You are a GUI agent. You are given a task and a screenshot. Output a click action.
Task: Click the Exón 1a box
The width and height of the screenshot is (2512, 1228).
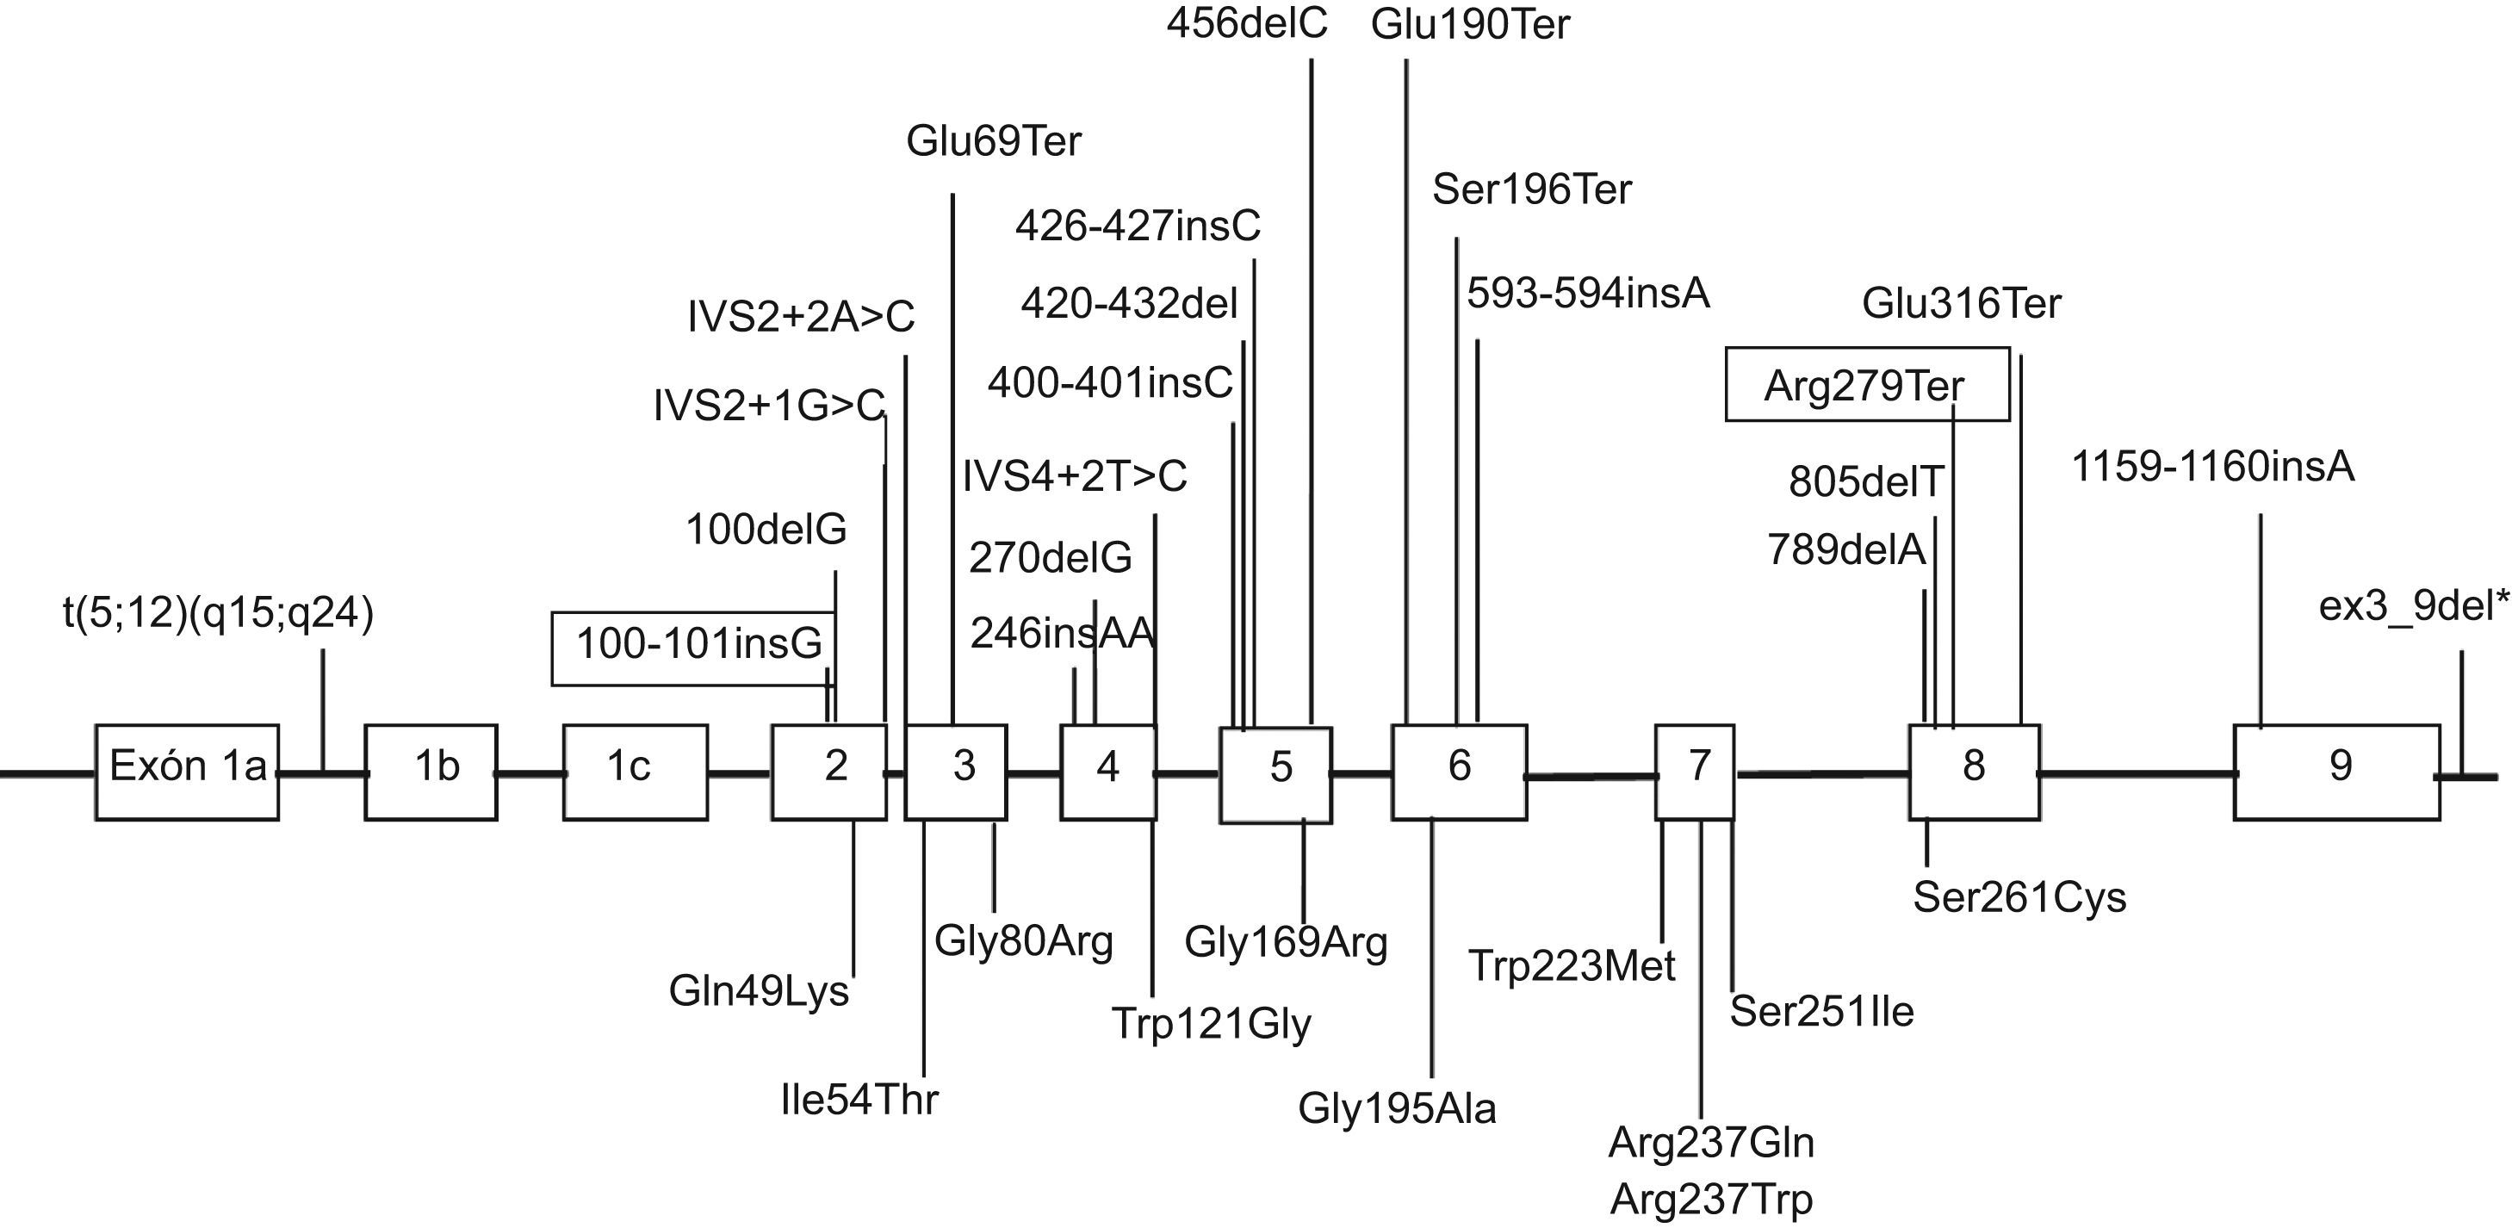click(x=187, y=772)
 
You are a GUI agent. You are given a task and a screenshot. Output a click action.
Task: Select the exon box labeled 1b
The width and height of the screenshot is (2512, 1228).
click(x=431, y=772)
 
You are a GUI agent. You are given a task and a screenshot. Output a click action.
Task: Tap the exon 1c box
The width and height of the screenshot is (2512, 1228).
click(x=635, y=772)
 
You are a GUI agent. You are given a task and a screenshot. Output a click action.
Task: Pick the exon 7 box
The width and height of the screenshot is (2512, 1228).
click(x=1695, y=772)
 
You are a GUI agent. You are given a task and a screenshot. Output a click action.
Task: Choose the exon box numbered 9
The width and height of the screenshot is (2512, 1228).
click(x=2336, y=772)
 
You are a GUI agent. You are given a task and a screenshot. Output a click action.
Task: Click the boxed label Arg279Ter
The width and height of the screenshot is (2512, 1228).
click(x=1866, y=385)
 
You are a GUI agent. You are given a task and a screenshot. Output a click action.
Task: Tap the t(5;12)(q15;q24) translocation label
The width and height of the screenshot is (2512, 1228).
click(x=219, y=616)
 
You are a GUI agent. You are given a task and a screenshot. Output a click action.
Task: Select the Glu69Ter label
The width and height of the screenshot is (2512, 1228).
click(x=993, y=142)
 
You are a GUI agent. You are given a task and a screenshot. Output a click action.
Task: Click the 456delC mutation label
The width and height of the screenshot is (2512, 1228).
click(x=1246, y=23)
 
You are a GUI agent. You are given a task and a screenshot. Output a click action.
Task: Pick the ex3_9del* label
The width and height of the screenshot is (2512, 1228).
click(x=2412, y=608)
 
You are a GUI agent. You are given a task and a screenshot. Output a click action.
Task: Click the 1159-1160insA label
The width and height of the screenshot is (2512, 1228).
click(x=2211, y=468)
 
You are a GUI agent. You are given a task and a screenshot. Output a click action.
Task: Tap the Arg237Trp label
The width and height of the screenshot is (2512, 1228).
click(x=1710, y=1200)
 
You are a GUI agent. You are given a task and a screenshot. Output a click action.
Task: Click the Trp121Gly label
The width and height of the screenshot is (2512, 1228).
click(x=1211, y=1024)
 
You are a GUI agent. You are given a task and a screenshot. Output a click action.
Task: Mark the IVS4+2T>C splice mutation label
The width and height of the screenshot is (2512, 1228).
click(x=1074, y=477)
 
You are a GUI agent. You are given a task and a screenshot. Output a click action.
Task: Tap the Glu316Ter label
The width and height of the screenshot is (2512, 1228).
click(x=1961, y=304)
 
